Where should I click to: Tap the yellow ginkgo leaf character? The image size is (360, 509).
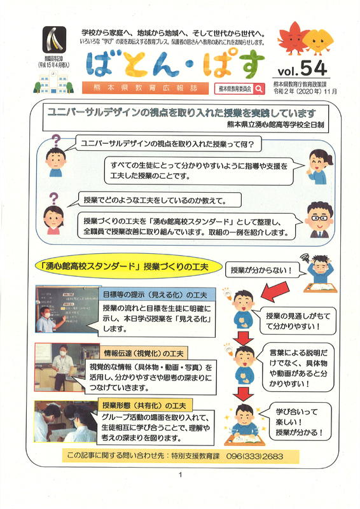[x=318, y=41]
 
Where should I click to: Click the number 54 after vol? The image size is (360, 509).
[x=314, y=68]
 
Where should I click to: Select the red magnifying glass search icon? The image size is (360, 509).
[x=259, y=88]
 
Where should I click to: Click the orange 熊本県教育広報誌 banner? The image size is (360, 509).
[x=145, y=88]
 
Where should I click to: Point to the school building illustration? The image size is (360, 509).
[x=53, y=82]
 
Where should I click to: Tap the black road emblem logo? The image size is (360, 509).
[x=54, y=39]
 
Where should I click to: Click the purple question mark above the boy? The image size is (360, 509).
[x=56, y=141]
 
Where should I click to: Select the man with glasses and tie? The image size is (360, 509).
[x=320, y=220]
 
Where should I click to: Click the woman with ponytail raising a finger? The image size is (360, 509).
[x=319, y=167]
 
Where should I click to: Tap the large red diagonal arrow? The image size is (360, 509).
[x=274, y=291]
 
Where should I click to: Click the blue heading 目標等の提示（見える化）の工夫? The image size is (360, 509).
[x=155, y=295]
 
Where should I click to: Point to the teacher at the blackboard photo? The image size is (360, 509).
[x=67, y=309]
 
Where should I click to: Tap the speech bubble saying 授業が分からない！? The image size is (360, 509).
[x=261, y=270]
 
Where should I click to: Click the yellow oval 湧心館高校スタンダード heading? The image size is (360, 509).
[x=128, y=267]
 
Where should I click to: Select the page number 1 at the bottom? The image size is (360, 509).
[x=181, y=475]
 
